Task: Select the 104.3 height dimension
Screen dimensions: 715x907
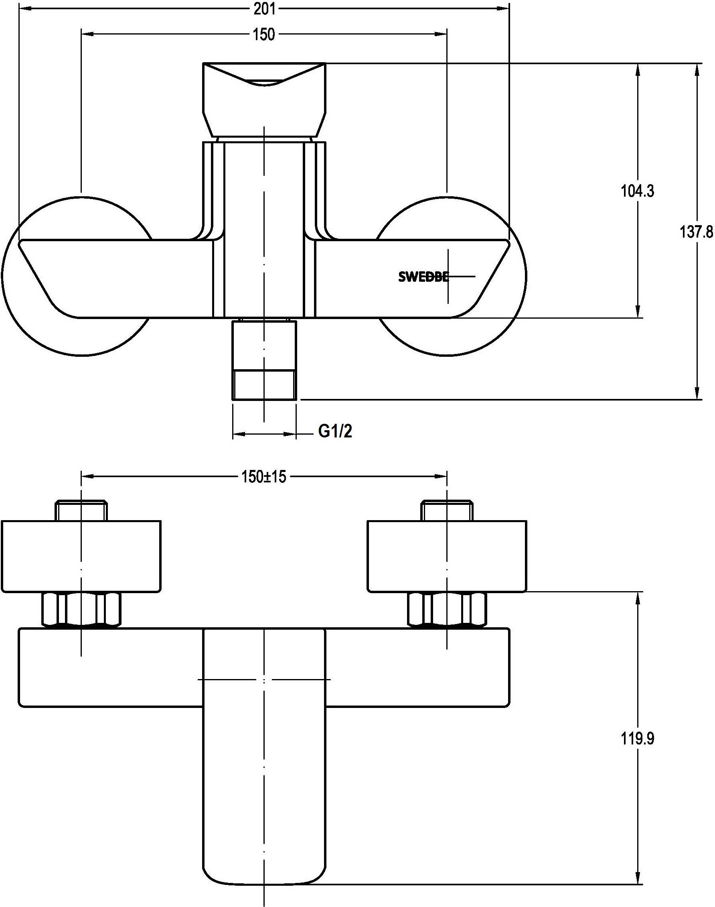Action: click(637, 191)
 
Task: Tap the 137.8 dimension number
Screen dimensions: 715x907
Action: click(697, 232)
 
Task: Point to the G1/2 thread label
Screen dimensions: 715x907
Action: click(335, 431)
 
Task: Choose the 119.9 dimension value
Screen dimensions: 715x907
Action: click(637, 739)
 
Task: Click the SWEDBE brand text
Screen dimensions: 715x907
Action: click(423, 277)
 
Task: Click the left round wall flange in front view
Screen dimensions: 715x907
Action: click(77, 277)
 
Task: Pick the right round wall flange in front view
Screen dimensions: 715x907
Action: click(452, 277)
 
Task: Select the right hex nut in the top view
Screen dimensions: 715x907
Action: click(448, 610)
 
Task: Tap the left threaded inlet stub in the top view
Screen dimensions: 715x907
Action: click(82, 510)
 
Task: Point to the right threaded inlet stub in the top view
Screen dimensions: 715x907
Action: click(448, 510)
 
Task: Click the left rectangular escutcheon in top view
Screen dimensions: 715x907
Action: click(81, 557)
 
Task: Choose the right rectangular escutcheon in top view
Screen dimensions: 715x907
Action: click(447, 557)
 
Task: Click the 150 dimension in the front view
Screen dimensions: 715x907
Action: click(264, 35)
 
